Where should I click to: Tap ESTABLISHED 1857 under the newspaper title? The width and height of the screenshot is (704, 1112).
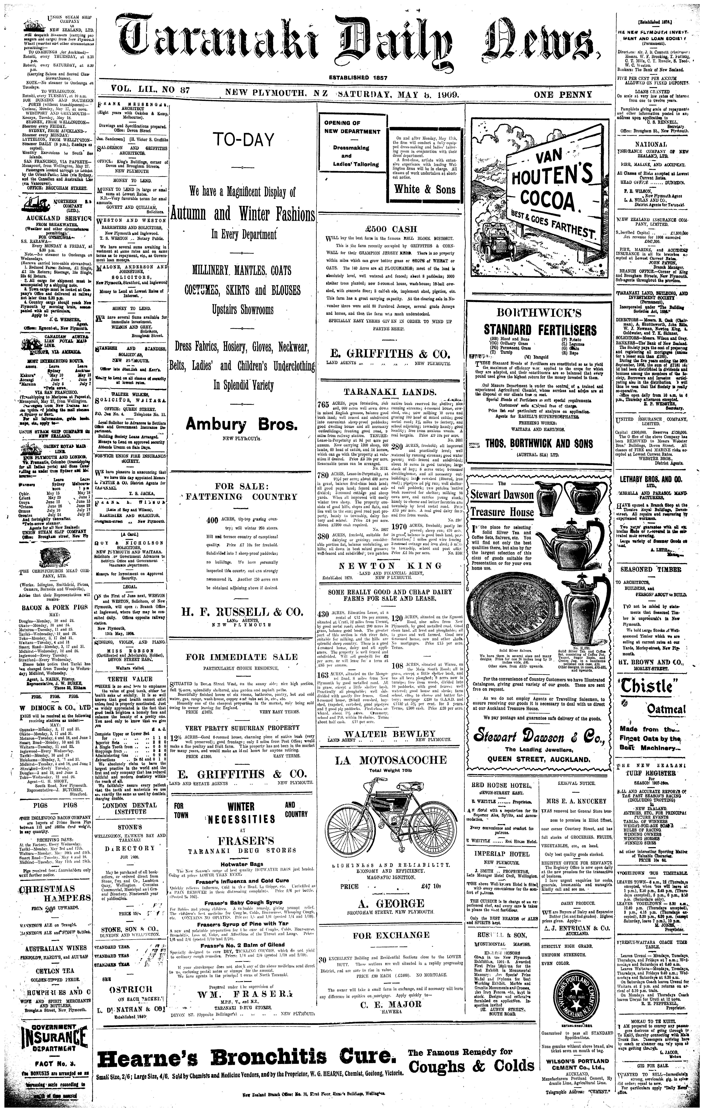pyautogui.click(x=358, y=78)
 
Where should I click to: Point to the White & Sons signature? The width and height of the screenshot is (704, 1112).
pyautogui.click(x=424, y=189)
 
